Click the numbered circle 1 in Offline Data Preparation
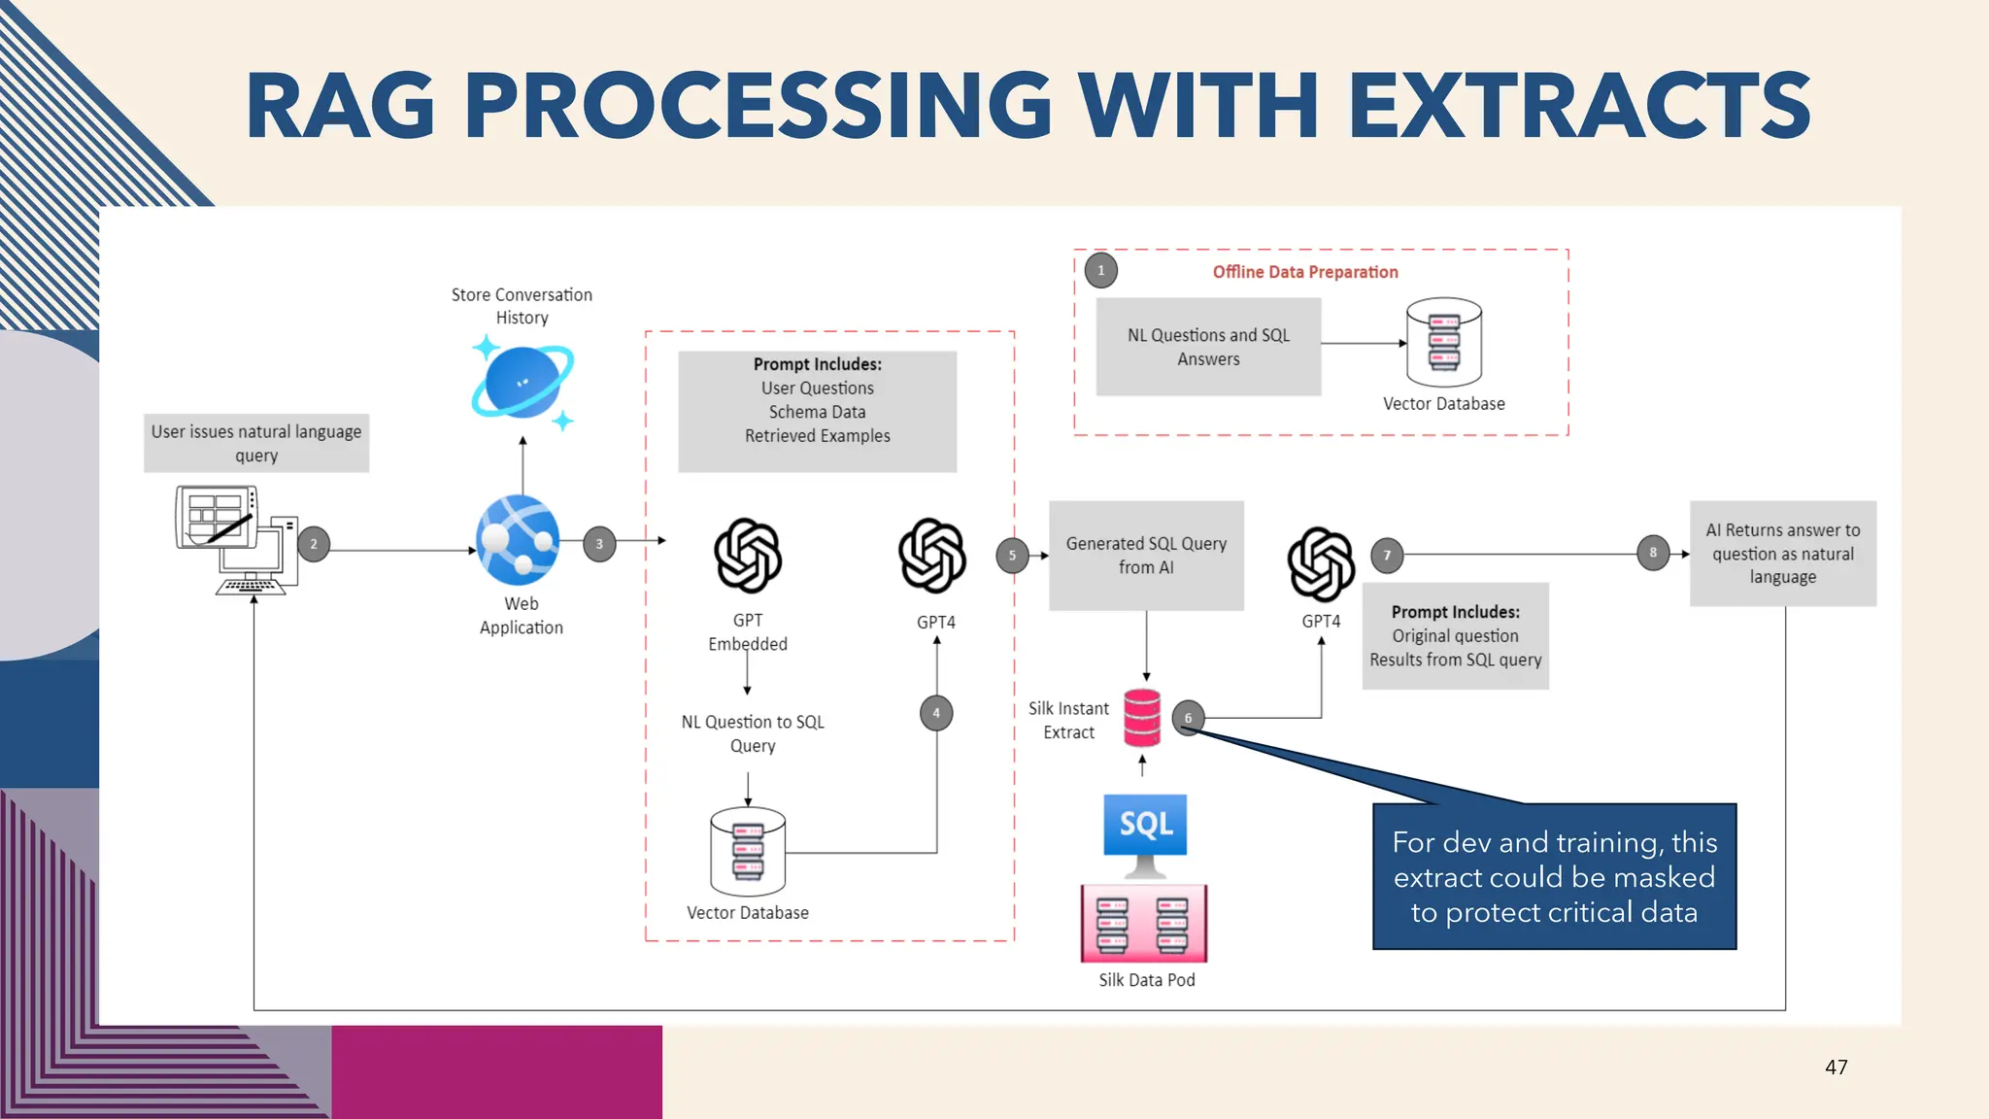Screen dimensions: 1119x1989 [x=1100, y=270]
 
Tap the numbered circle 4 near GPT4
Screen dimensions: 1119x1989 [x=936, y=713]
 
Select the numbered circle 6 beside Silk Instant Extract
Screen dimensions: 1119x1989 [x=1188, y=718]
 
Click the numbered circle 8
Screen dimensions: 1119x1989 [x=1653, y=553]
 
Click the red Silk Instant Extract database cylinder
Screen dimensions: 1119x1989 [x=1142, y=718]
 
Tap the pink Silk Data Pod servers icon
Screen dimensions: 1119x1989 [x=1144, y=923]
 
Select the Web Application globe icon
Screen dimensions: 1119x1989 [x=518, y=540]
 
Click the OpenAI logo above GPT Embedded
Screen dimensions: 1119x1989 [x=748, y=556]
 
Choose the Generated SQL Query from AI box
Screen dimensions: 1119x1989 [x=1146, y=556]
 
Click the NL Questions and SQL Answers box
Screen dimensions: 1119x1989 [x=1208, y=347]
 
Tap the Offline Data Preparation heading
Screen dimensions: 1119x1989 [x=1305, y=272]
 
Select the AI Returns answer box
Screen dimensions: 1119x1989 [x=1782, y=554]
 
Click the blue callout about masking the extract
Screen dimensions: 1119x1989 [x=1554, y=876]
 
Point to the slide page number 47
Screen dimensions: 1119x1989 [x=1836, y=1067]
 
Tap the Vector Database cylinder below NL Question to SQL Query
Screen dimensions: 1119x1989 [x=748, y=851]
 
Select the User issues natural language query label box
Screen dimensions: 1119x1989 [x=256, y=443]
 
